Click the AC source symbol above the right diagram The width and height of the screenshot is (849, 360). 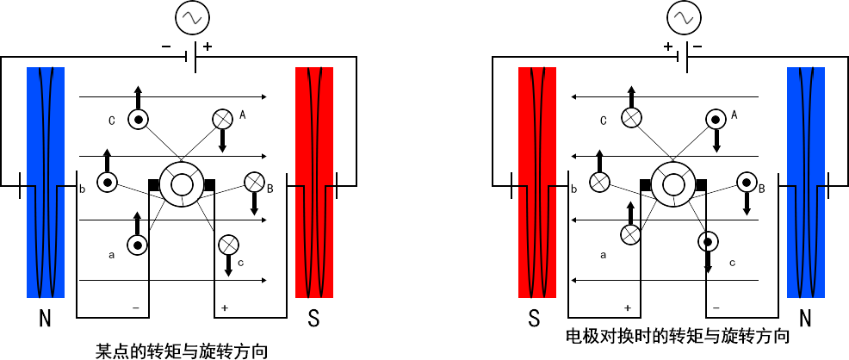tap(683, 16)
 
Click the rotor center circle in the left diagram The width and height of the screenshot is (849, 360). tap(181, 183)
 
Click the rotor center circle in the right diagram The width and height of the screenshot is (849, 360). tap(672, 183)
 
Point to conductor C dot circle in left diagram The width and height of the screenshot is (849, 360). tap(138, 120)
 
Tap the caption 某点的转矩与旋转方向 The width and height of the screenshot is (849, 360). tap(181, 351)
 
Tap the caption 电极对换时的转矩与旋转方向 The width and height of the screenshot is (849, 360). tap(677, 335)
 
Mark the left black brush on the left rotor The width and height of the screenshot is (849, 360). tap(153, 183)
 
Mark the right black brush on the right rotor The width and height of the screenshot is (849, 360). tap(701, 183)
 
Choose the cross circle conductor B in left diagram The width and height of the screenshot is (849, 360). tap(254, 182)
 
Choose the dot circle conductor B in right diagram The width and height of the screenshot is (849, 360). tap(747, 182)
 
